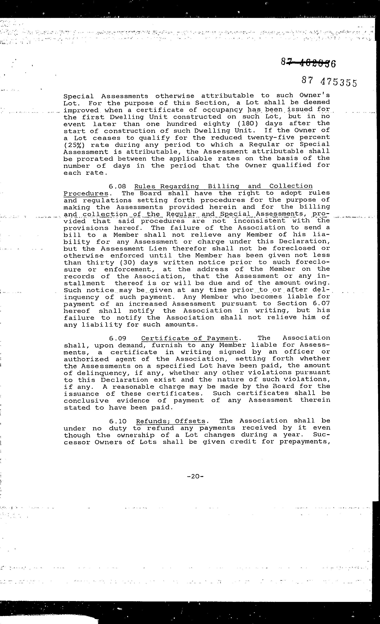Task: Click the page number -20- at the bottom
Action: click(x=195, y=476)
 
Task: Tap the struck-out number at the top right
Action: click(x=308, y=62)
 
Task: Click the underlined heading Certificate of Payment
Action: click(x=190, y=338)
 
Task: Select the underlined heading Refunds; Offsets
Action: click(x=171, y=421)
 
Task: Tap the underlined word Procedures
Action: click(x=86, y=194)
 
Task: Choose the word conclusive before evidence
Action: click(x=86, y=401)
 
